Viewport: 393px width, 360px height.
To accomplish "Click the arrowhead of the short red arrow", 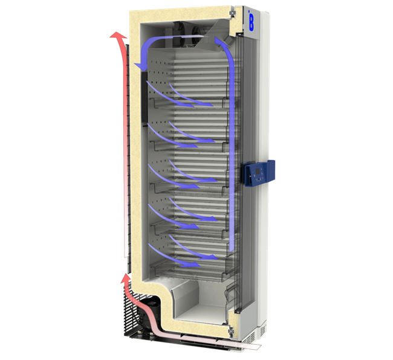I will click(x=125, y=278).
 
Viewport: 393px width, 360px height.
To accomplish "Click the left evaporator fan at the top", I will click(x=180, y=30).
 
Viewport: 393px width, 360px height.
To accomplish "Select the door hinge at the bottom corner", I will click(x=230, y=329).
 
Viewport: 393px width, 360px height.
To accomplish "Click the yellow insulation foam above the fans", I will click(x=181, y=14).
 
